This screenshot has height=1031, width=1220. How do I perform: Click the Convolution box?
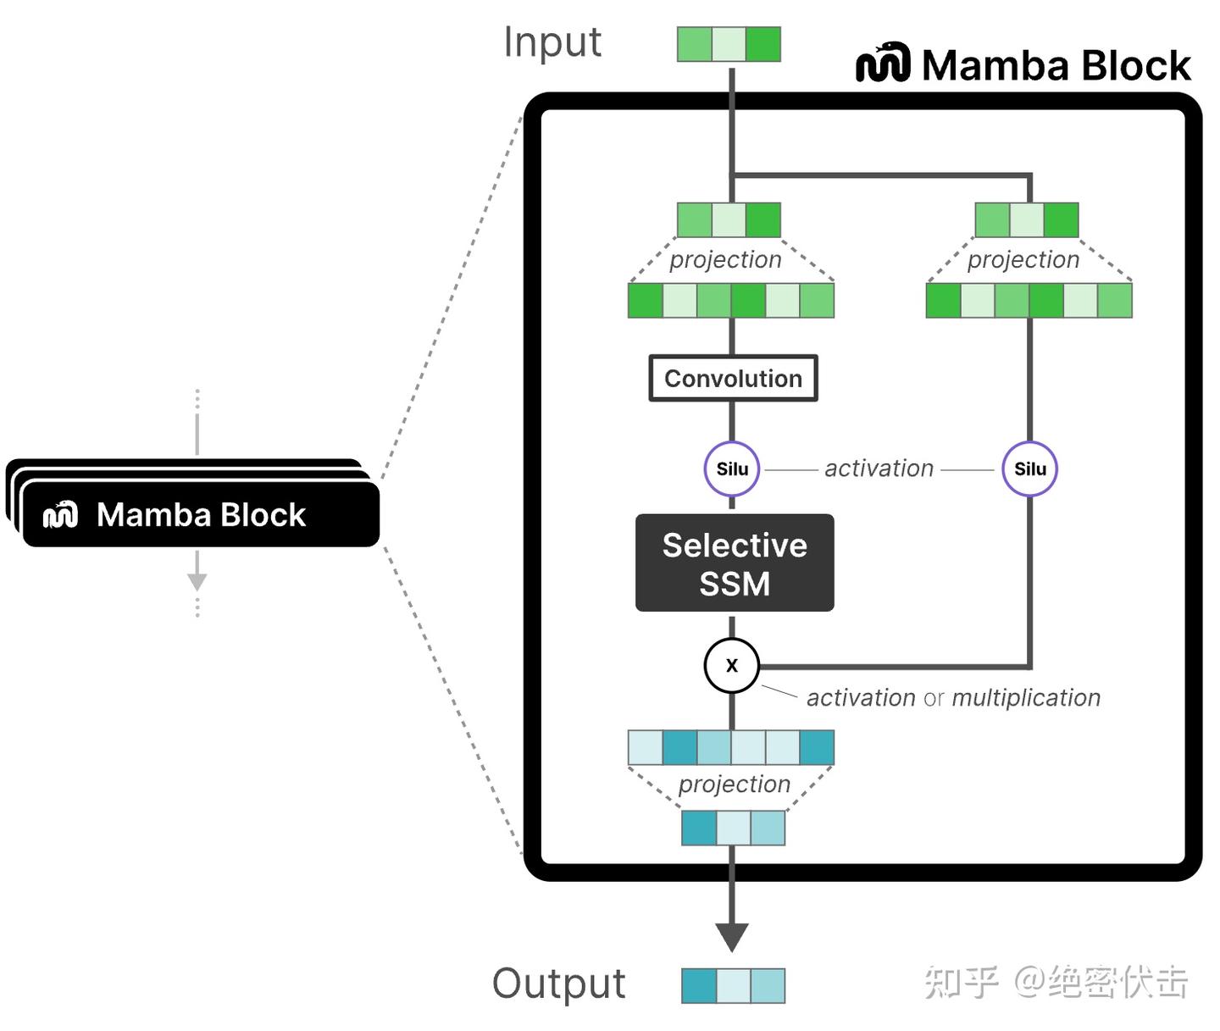[733, 378]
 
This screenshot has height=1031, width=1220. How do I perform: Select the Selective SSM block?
[735, 563]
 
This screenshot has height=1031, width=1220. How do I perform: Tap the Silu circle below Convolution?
[732, 468]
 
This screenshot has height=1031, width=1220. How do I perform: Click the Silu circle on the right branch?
[1029, 468]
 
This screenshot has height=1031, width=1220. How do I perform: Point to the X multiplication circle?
[732, 666]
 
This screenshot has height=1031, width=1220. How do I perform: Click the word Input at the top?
[552, 42]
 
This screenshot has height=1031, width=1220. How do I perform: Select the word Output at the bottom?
[558, 984]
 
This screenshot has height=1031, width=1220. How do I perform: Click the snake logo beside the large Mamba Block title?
[883, 63]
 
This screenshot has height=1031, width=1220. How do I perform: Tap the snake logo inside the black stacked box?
[61, 514]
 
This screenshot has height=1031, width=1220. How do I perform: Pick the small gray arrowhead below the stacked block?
[197, 581]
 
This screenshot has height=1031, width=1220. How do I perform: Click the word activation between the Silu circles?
[879, 468]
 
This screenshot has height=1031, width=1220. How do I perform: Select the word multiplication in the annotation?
[1026, 698]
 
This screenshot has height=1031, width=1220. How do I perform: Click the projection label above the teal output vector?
[734, 784]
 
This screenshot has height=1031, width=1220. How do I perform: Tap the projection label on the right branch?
[1023, 260]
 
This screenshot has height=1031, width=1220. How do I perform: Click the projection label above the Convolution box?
[725, 260]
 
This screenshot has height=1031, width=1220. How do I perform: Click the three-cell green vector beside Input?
[729, 45]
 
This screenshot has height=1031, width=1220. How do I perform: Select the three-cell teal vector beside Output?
[733, 986]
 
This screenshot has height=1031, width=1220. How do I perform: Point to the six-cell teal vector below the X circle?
[731, 747]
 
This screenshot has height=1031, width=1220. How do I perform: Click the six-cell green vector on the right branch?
[1029, 301]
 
